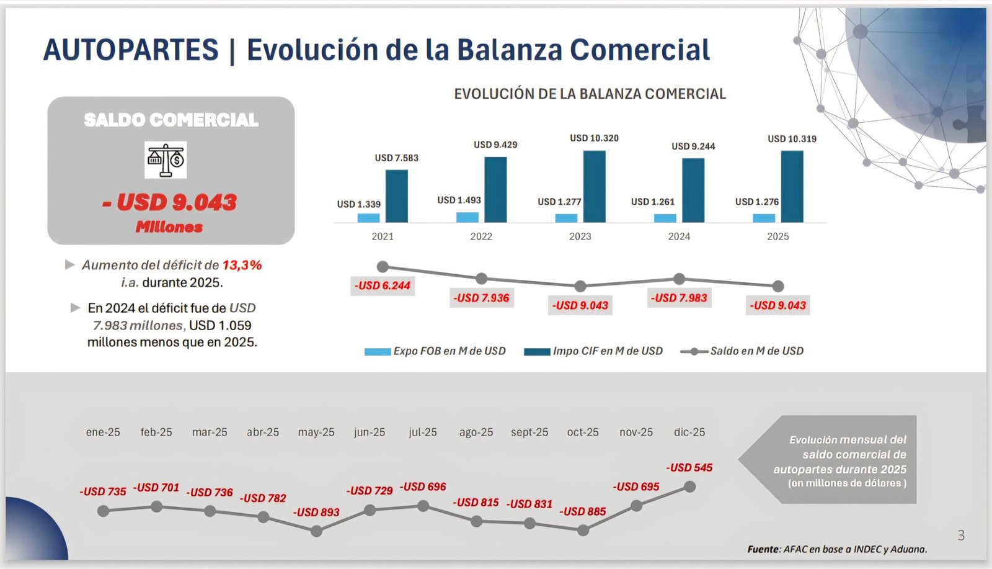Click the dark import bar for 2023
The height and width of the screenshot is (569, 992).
[594, 186]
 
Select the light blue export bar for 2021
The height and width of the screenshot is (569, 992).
[369, 218]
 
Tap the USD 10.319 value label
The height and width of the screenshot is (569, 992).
[792, 139]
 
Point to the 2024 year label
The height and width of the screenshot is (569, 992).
[679, 236]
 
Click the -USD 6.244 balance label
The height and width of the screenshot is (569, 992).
[382, 285]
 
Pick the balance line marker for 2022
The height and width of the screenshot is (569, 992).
[482, 279]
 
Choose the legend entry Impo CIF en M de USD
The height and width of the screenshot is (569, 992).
[593, 351]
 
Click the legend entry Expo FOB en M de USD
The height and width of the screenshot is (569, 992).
[435, 351]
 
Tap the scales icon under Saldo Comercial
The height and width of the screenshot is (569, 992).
[166, 159]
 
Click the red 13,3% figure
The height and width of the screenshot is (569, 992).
[242, 265]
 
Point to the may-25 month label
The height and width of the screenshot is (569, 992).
[316, 432]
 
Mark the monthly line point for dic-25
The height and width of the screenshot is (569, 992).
[689, 487]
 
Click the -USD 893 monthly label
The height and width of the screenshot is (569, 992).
[316, 512]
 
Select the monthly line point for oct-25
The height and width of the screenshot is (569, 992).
[583, 531]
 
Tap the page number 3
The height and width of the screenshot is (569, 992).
[961, 535]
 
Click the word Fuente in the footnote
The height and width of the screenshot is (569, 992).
[763, 549]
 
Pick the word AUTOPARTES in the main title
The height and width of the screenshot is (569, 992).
[131, 50]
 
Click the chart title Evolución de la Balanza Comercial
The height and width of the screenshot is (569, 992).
[590, 94]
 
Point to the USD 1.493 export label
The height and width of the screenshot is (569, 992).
[459, 200]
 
